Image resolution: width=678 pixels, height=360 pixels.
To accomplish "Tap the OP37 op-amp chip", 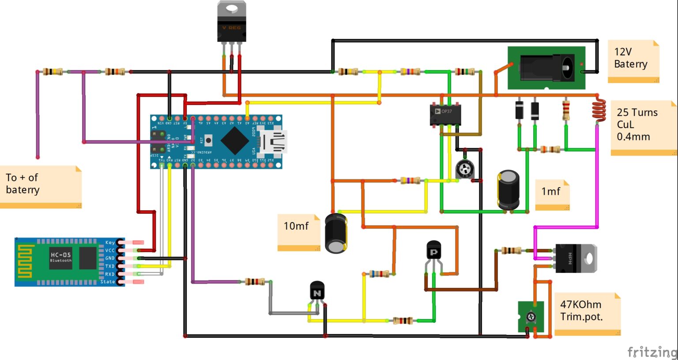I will click(x=445, y=114).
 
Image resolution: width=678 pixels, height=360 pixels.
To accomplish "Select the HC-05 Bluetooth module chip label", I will click(x=60, y=257).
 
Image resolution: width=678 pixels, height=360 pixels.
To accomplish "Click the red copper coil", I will click(x=599, y=110).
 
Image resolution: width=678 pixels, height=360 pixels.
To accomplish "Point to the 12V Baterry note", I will click(x=633, y=61).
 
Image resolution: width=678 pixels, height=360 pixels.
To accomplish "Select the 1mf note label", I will click(x=552, y=193).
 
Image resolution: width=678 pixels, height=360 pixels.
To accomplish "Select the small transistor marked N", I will click(x=317, y=292).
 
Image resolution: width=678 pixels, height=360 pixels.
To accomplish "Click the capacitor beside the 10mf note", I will click(x=336, y=233).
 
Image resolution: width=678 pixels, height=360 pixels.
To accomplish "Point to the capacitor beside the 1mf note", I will click(x=508, y=190).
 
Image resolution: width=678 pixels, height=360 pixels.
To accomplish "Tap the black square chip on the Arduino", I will click(x=234, y=141).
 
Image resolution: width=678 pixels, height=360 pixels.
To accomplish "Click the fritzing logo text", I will click(x=652, y=352).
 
